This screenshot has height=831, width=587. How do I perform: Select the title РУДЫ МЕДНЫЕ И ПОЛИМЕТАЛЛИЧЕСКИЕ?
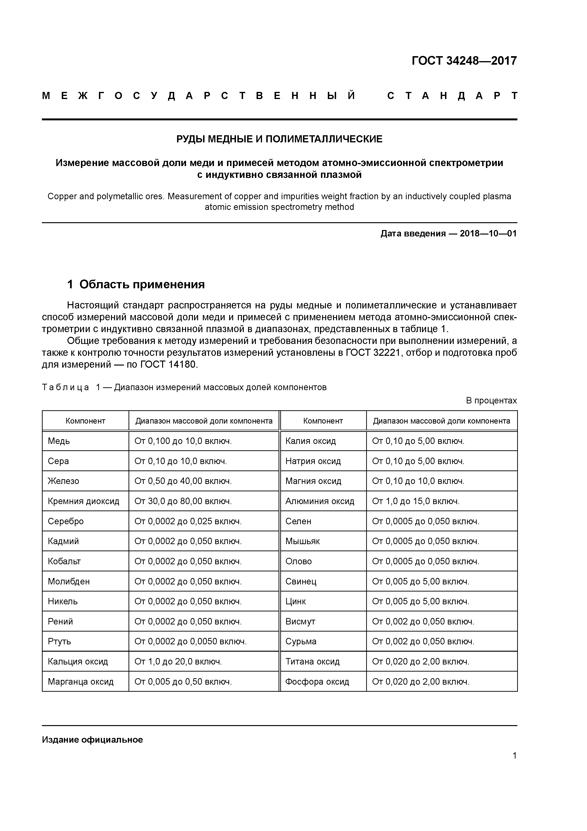click(x=279, y=139)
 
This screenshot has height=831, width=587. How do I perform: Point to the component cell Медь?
click(x=59, y=441)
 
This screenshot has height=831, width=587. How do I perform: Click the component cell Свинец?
click(x=301, y=581)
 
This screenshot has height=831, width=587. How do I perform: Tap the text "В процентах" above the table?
click(x=491, y=401)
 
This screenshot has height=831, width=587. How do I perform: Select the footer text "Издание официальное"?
click(x=92, y=739)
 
